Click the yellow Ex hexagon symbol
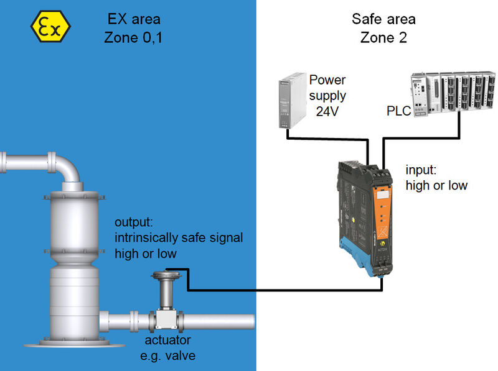point(50,27)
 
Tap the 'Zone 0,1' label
point(133,37)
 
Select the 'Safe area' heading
point(383,19)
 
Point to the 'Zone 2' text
point(383,37)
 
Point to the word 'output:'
point(133,222)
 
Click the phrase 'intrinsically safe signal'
point(178,237)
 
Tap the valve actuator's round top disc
point(166,276)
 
